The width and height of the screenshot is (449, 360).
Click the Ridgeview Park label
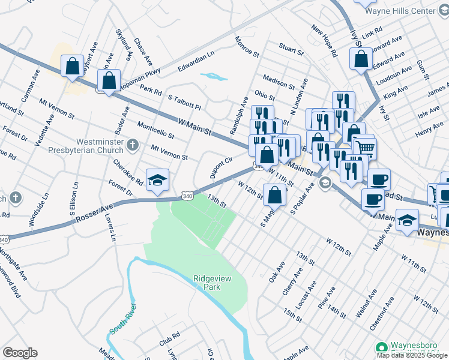(206, 282)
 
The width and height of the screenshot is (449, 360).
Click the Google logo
(20, 353)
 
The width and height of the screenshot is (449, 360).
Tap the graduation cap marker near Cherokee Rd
(157, 180)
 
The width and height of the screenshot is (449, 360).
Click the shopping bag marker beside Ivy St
(361, 59)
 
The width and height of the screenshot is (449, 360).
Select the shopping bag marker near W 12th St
(275, 194)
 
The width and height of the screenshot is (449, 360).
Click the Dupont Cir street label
(220, 169)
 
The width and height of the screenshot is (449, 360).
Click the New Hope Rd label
(324, 41)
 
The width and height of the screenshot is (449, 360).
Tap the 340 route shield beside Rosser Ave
(187, 196)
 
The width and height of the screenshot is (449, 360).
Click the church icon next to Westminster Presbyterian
(133, 145)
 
